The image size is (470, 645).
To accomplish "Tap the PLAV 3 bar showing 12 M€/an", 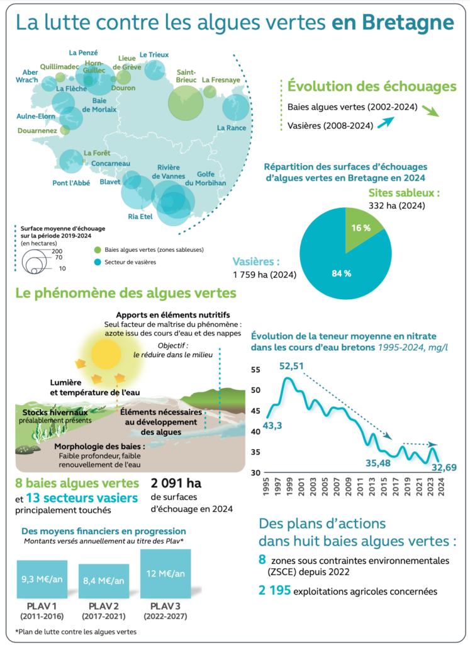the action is click(165, 574).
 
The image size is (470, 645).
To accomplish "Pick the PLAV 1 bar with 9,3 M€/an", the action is click(42, 579).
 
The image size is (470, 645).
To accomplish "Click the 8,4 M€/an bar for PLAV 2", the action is click(104, 581).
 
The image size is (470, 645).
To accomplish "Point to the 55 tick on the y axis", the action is click(255, 370).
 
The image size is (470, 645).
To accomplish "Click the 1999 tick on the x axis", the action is click(289, 486).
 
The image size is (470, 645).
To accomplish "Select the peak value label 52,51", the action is click(291, 366).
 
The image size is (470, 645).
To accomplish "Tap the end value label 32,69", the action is click(444, 467).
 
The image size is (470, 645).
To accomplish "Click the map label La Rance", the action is click(232, 128).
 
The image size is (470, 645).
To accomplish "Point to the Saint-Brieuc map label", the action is click(186, 76).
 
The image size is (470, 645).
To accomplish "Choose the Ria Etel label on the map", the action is click(140, 217).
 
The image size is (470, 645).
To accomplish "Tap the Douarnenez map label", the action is click(37, 131).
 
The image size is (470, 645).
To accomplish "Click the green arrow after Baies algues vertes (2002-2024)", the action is click(430, 111).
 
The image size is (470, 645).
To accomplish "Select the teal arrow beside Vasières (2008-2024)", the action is click(386, 122).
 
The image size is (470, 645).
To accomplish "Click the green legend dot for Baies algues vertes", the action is click(98, 250).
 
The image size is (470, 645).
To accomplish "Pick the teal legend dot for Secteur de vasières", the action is click(98, 262).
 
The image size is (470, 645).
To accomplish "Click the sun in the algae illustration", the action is click(106, 354).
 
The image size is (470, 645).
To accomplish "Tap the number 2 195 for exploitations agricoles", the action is click(274, 591).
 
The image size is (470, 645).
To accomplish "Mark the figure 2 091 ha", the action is click(176, 483).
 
